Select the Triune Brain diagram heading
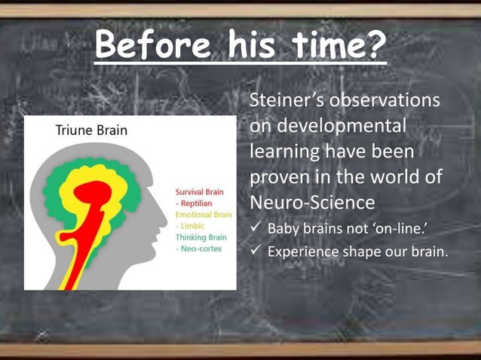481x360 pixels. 91,130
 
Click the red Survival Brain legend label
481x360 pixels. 199,192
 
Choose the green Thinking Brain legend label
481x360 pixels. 201,237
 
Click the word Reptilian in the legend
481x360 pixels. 195,203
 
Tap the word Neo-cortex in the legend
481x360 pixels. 198,249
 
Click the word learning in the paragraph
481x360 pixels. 286,152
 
